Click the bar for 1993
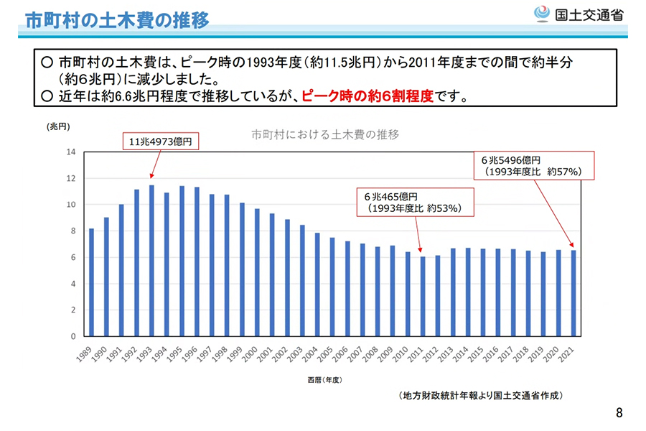click(151, 260)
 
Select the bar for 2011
click(423, 296)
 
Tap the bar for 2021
click(574, 292)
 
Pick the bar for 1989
click(91, 282)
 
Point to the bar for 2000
click(257, 272)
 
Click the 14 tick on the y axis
click(70, 152)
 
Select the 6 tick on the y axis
click(72, 257)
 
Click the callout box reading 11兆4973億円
click(159, 142)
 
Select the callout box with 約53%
click(416, 203)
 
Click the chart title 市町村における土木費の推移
click(325, 134)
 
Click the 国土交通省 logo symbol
click(543, 14)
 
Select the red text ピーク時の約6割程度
click(368, 96)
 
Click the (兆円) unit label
click(60, 126)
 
